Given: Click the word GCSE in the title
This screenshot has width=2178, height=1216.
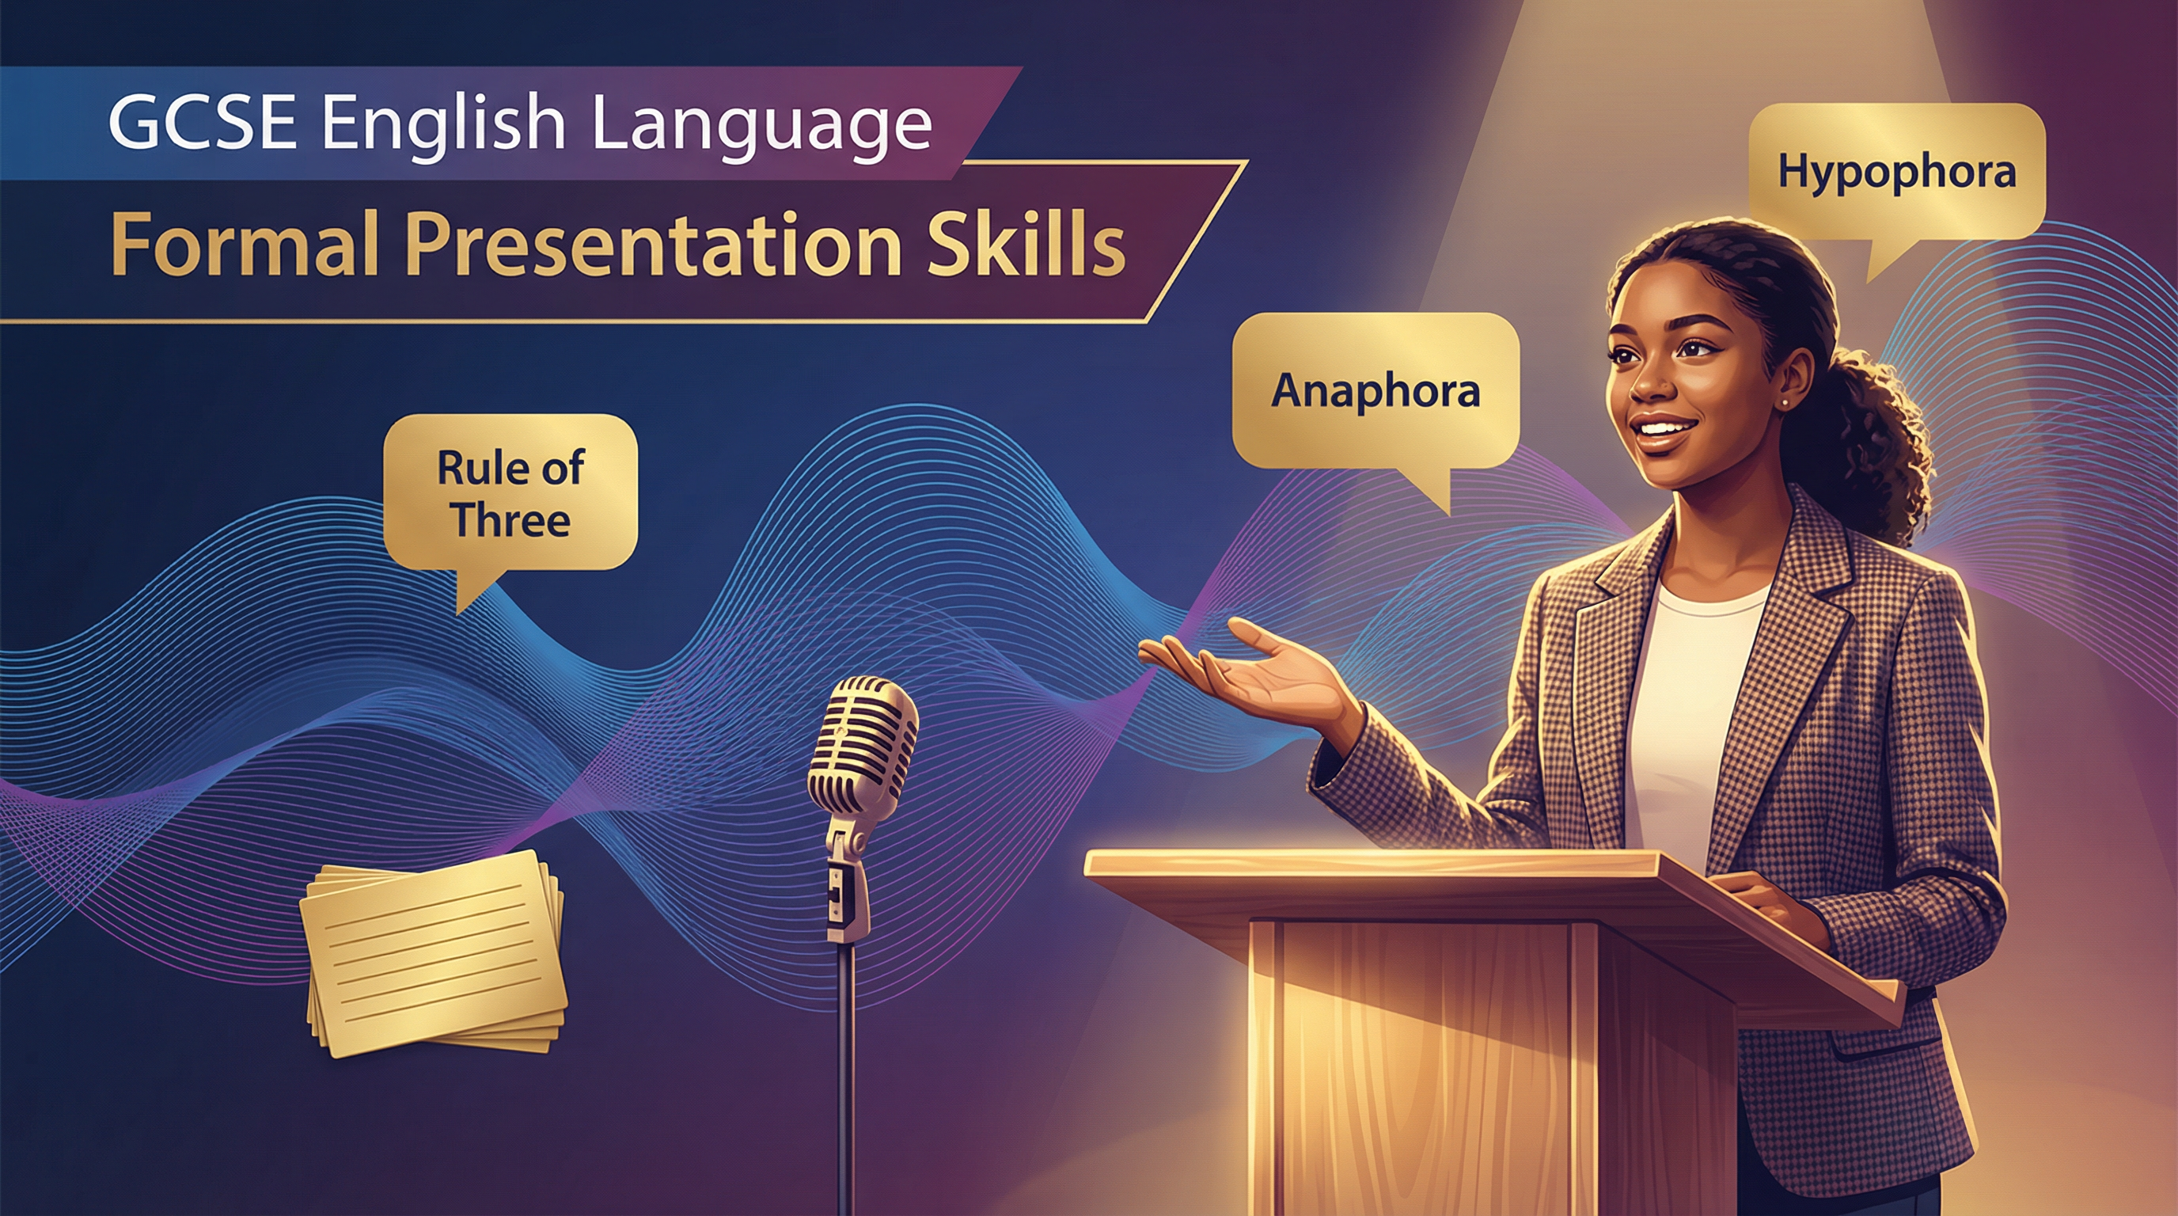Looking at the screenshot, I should coord(202,123).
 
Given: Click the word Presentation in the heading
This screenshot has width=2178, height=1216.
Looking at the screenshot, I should coord(651,245).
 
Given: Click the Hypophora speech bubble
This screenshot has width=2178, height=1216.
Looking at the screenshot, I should coord(1896,173).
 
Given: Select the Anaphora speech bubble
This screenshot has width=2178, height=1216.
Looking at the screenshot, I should coord(1375,390).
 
